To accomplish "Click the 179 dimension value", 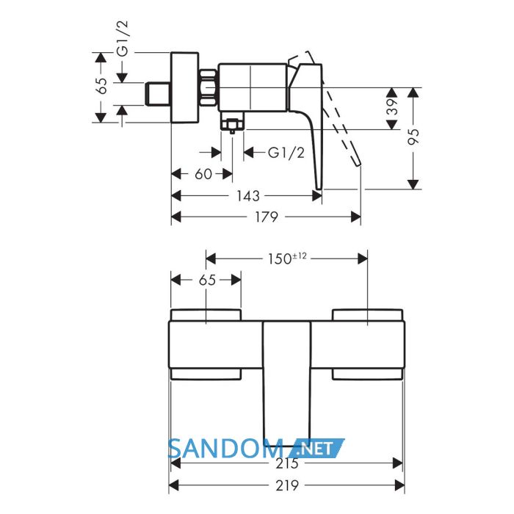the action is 266,217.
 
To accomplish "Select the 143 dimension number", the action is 248,196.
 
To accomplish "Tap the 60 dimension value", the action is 203,174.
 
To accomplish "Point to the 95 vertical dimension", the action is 414,137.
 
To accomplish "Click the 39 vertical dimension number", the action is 392,106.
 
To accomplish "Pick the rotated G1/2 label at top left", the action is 123,38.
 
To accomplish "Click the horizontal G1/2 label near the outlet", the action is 286,153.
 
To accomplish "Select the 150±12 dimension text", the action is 287,258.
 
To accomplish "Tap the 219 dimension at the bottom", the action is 287,485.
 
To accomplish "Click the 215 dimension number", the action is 287,463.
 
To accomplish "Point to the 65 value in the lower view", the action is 207,280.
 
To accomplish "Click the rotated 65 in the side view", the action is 102,86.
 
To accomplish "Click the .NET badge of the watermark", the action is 317,448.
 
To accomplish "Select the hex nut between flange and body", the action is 209,87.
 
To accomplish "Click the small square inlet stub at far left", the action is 158,94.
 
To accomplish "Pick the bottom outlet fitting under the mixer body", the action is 233,122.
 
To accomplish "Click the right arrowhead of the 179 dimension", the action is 355,217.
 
